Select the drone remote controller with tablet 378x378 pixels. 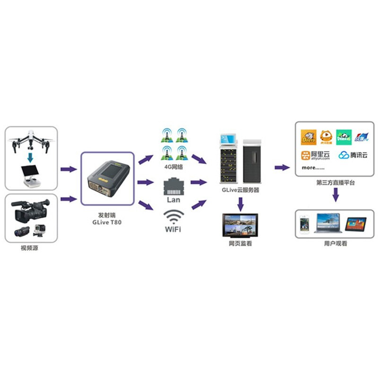coord(31,176)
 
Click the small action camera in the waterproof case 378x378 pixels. coord(38,231)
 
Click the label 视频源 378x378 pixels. coord(29,249)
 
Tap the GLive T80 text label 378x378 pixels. coord(107,222)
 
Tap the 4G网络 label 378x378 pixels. coord(174,166)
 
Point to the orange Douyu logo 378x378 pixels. coord(309,137)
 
